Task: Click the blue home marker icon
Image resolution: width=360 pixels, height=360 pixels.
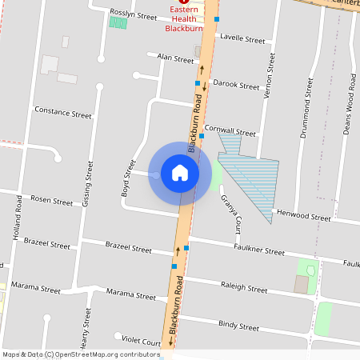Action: [x=180, y=173]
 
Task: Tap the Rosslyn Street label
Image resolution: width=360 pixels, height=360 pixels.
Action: [x=134, y=15]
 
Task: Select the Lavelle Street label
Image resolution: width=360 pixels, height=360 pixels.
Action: [x=242, y=38]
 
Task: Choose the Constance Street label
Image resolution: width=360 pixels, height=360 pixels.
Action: [x=64, y=114]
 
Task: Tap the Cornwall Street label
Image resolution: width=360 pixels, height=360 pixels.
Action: [x=230, y=130]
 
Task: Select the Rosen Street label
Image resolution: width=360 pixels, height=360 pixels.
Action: [x=51, y=199]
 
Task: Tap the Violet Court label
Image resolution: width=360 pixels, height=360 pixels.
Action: [x=141, y=340]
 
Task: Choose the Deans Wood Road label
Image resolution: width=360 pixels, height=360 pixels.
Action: [x=350, y=106]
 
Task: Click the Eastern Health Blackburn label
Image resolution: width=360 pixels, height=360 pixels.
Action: [x=184, y=19]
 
